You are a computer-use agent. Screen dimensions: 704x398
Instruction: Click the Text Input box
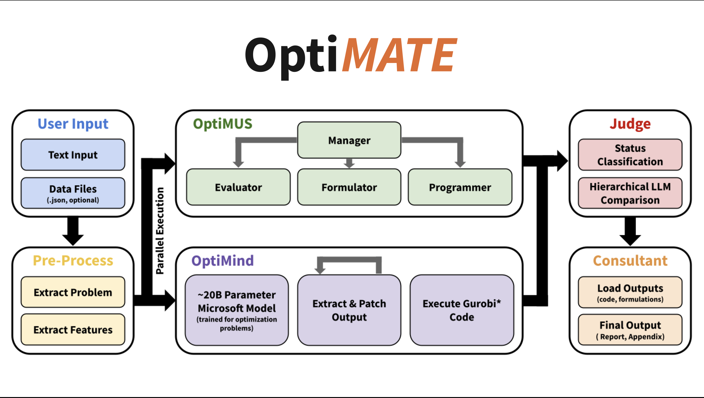73,155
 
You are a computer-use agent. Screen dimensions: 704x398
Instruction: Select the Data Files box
73,193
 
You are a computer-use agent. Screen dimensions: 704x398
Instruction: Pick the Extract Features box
73,329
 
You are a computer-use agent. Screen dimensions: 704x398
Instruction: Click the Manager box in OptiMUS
349,140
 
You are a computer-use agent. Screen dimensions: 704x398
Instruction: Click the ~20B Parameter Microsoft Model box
237,310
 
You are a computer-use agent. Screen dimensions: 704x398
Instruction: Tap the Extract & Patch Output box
349,310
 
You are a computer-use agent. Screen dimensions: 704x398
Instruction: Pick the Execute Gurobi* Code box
462,310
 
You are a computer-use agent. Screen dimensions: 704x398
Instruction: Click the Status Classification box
630,155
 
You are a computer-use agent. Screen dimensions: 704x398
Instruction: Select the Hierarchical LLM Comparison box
630,193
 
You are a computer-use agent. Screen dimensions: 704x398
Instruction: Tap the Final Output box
630,330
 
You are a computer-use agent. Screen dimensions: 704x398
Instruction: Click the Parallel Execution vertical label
160,230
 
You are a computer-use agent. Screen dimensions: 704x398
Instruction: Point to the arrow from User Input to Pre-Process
73,231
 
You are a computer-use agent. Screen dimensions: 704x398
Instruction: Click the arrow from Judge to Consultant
630,231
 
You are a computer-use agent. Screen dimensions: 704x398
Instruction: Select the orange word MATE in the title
400,55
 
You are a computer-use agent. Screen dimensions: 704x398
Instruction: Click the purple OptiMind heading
223,261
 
